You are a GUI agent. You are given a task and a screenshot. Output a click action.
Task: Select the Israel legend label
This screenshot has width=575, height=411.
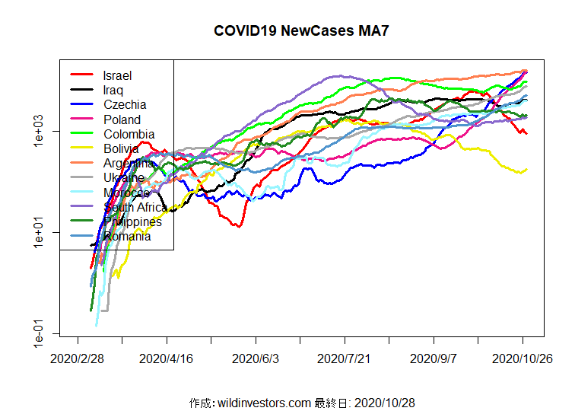coord(117,75)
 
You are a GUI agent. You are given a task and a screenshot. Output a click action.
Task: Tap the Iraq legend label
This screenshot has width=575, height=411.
coord(114,90)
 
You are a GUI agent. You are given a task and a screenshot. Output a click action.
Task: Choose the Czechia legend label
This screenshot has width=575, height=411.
coord(125,104)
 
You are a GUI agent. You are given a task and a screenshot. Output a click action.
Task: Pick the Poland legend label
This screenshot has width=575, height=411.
coord(122,119)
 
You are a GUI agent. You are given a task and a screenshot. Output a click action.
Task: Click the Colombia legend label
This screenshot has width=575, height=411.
coord(129,134)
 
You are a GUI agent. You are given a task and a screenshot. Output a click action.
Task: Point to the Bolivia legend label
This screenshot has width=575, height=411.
coord(120,148)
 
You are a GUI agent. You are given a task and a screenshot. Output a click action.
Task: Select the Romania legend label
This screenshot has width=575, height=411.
coord(126,236)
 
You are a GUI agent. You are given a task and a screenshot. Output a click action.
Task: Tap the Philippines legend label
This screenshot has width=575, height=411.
coord(132,221)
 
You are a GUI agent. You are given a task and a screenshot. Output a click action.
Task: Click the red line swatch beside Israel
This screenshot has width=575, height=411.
coord(82,75)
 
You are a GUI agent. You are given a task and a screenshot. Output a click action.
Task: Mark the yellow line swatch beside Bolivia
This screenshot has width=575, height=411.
coord(82,148)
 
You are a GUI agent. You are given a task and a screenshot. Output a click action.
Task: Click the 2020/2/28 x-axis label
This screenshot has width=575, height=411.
coord(78,358)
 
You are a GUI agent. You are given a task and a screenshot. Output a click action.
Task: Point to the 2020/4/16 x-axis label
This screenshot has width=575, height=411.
coord(167,358)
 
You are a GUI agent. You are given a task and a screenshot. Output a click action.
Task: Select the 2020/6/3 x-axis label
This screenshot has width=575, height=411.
coord(256,358)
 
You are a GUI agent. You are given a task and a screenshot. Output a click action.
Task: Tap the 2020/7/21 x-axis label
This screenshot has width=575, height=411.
coord(345,358)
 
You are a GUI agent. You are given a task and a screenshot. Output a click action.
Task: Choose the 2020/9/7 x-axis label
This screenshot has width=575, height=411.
coord(434,358)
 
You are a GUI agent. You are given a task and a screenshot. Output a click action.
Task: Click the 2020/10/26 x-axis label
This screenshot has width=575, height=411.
coord(522,358)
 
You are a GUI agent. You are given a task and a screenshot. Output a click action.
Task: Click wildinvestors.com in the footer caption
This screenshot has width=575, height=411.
coord(264,402)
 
